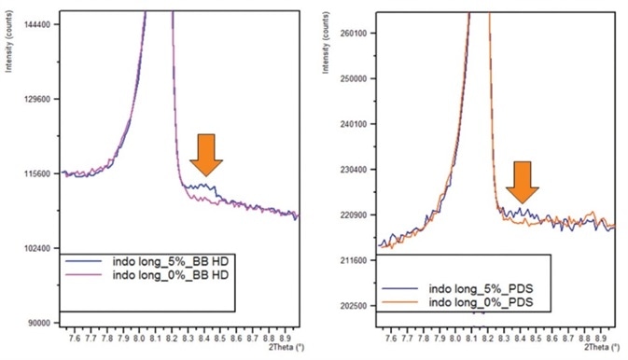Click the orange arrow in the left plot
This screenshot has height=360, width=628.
click(205, 154)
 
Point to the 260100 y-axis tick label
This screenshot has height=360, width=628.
click(358, 33)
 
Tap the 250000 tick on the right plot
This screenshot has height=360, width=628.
click(358, 78)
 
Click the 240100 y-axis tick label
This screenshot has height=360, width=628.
click(358, 124)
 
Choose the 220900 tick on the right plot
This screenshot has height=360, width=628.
click(358, 215)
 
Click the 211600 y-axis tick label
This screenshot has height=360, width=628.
click(358, 260)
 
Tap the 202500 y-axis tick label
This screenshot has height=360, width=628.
click(358, 306)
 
